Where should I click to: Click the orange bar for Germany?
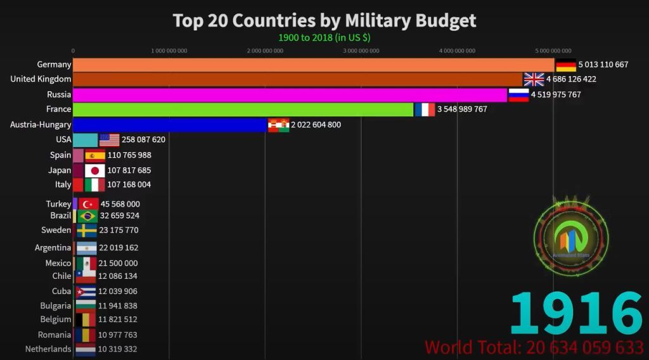click(314, 65)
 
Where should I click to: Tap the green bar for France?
click(243, 110)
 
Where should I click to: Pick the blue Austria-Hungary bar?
click(170, 125)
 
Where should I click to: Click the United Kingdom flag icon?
click(534, 79)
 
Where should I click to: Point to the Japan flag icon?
click(95, 170)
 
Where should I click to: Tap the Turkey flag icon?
click(89, 204)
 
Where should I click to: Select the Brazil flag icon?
click(87, 216)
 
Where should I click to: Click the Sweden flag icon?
click(87, 231)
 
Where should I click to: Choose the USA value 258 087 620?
click(143, 139)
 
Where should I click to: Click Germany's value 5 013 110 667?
click(603, 65)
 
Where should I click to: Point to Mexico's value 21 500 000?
click(118, 263)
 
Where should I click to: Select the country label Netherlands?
click(48, 349)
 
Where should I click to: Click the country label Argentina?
click(53, 248)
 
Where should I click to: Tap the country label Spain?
click(61, 155)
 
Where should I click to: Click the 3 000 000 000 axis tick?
click(361, 51)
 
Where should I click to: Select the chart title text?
click(324, 20)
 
